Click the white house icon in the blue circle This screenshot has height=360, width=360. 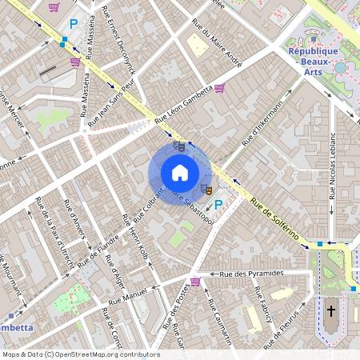pyautogui.click(x=180, y=172)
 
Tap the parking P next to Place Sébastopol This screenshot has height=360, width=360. pyautogui.click(x=218, y=206)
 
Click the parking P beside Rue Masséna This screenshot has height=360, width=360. pyautogui.click(x=74, y=25)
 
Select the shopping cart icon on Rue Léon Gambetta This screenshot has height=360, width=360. pyautogui.click(x=219, y=87)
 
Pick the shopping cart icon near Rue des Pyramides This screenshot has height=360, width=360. pyautogui.click(x=195, y=282)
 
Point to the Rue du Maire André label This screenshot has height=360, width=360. pyautogui.click(x=217, y=49)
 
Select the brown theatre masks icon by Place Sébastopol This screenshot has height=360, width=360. pyautogui.click(x=206, y=189)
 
